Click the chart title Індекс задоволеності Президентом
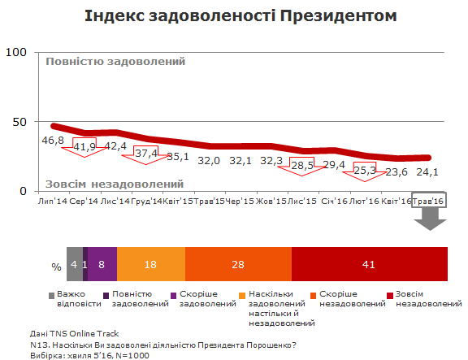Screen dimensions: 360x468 (234, 17)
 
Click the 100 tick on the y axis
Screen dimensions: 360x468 (16, 53)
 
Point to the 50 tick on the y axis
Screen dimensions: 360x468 (19, 122)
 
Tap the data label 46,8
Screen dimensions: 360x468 (53, 141)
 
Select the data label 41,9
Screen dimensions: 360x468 (84, 147)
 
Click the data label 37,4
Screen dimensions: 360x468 (147, 153)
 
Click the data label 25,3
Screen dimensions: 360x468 (365, 170)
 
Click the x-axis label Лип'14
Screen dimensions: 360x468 (53, 201)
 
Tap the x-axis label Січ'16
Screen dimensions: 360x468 (336, 201)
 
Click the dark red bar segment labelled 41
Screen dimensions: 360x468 (369, 263)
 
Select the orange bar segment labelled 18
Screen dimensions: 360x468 (151, 263)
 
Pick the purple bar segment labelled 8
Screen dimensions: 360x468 (102, 263)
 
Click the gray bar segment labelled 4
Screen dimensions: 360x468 (74, 263)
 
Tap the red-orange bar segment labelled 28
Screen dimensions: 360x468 (238, 263)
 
